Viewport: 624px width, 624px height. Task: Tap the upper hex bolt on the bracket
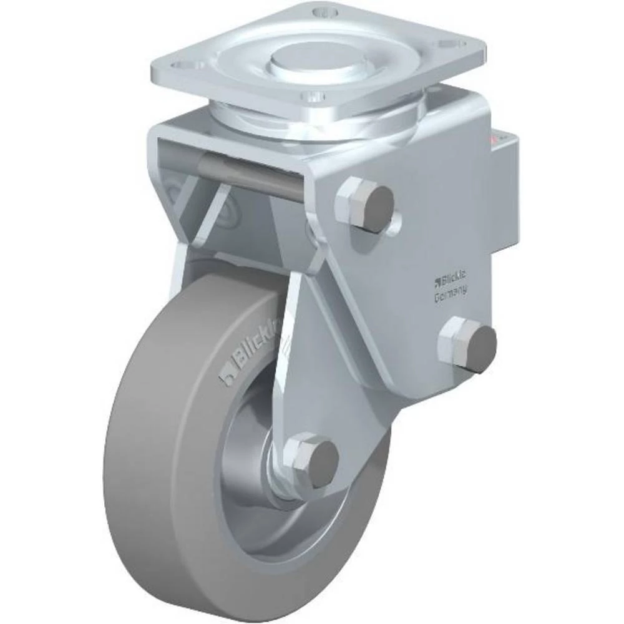(x=366, y=205)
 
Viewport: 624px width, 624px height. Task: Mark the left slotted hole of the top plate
(x=183, y=64)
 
